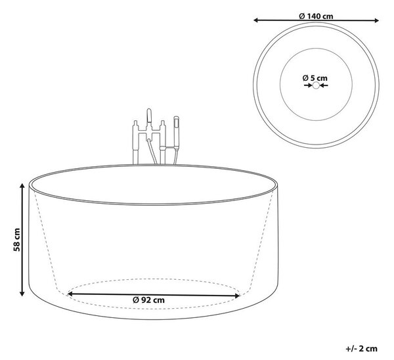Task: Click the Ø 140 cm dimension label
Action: [x=316, y=16]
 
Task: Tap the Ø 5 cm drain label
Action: [x=315, y=78]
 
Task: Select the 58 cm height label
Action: [x=17, y=240]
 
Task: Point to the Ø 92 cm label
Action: [x=148, y=300]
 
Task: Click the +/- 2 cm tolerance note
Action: [x=362, y=349]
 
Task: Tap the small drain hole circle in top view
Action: [x=316, y=85]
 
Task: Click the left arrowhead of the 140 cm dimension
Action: [x=256, y=20]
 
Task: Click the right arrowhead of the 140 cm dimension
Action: [x=376, y=20]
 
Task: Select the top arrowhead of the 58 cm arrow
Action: [x=22, y=186]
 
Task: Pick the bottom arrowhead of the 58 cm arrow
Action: [x=22, y=293]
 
